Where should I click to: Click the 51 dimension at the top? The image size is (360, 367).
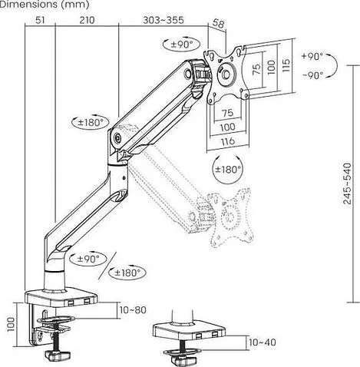click(x=40, y=20)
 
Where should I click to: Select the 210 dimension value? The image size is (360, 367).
click(x=87, y=20)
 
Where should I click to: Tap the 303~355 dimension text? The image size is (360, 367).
click(x=163, y=20)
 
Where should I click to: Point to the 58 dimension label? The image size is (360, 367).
click(x=218, y=24)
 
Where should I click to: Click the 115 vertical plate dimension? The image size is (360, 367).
click(x=286, y=65)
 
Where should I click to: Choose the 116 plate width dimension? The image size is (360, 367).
click(x=227, y=141)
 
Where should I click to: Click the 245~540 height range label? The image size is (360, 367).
click(x=348, y=183)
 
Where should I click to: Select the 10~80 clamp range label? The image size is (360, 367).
click(x=133, y=310)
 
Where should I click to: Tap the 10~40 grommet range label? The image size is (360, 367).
click(x=263, y=342)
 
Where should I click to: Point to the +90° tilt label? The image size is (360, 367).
click(x=312, y=56)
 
